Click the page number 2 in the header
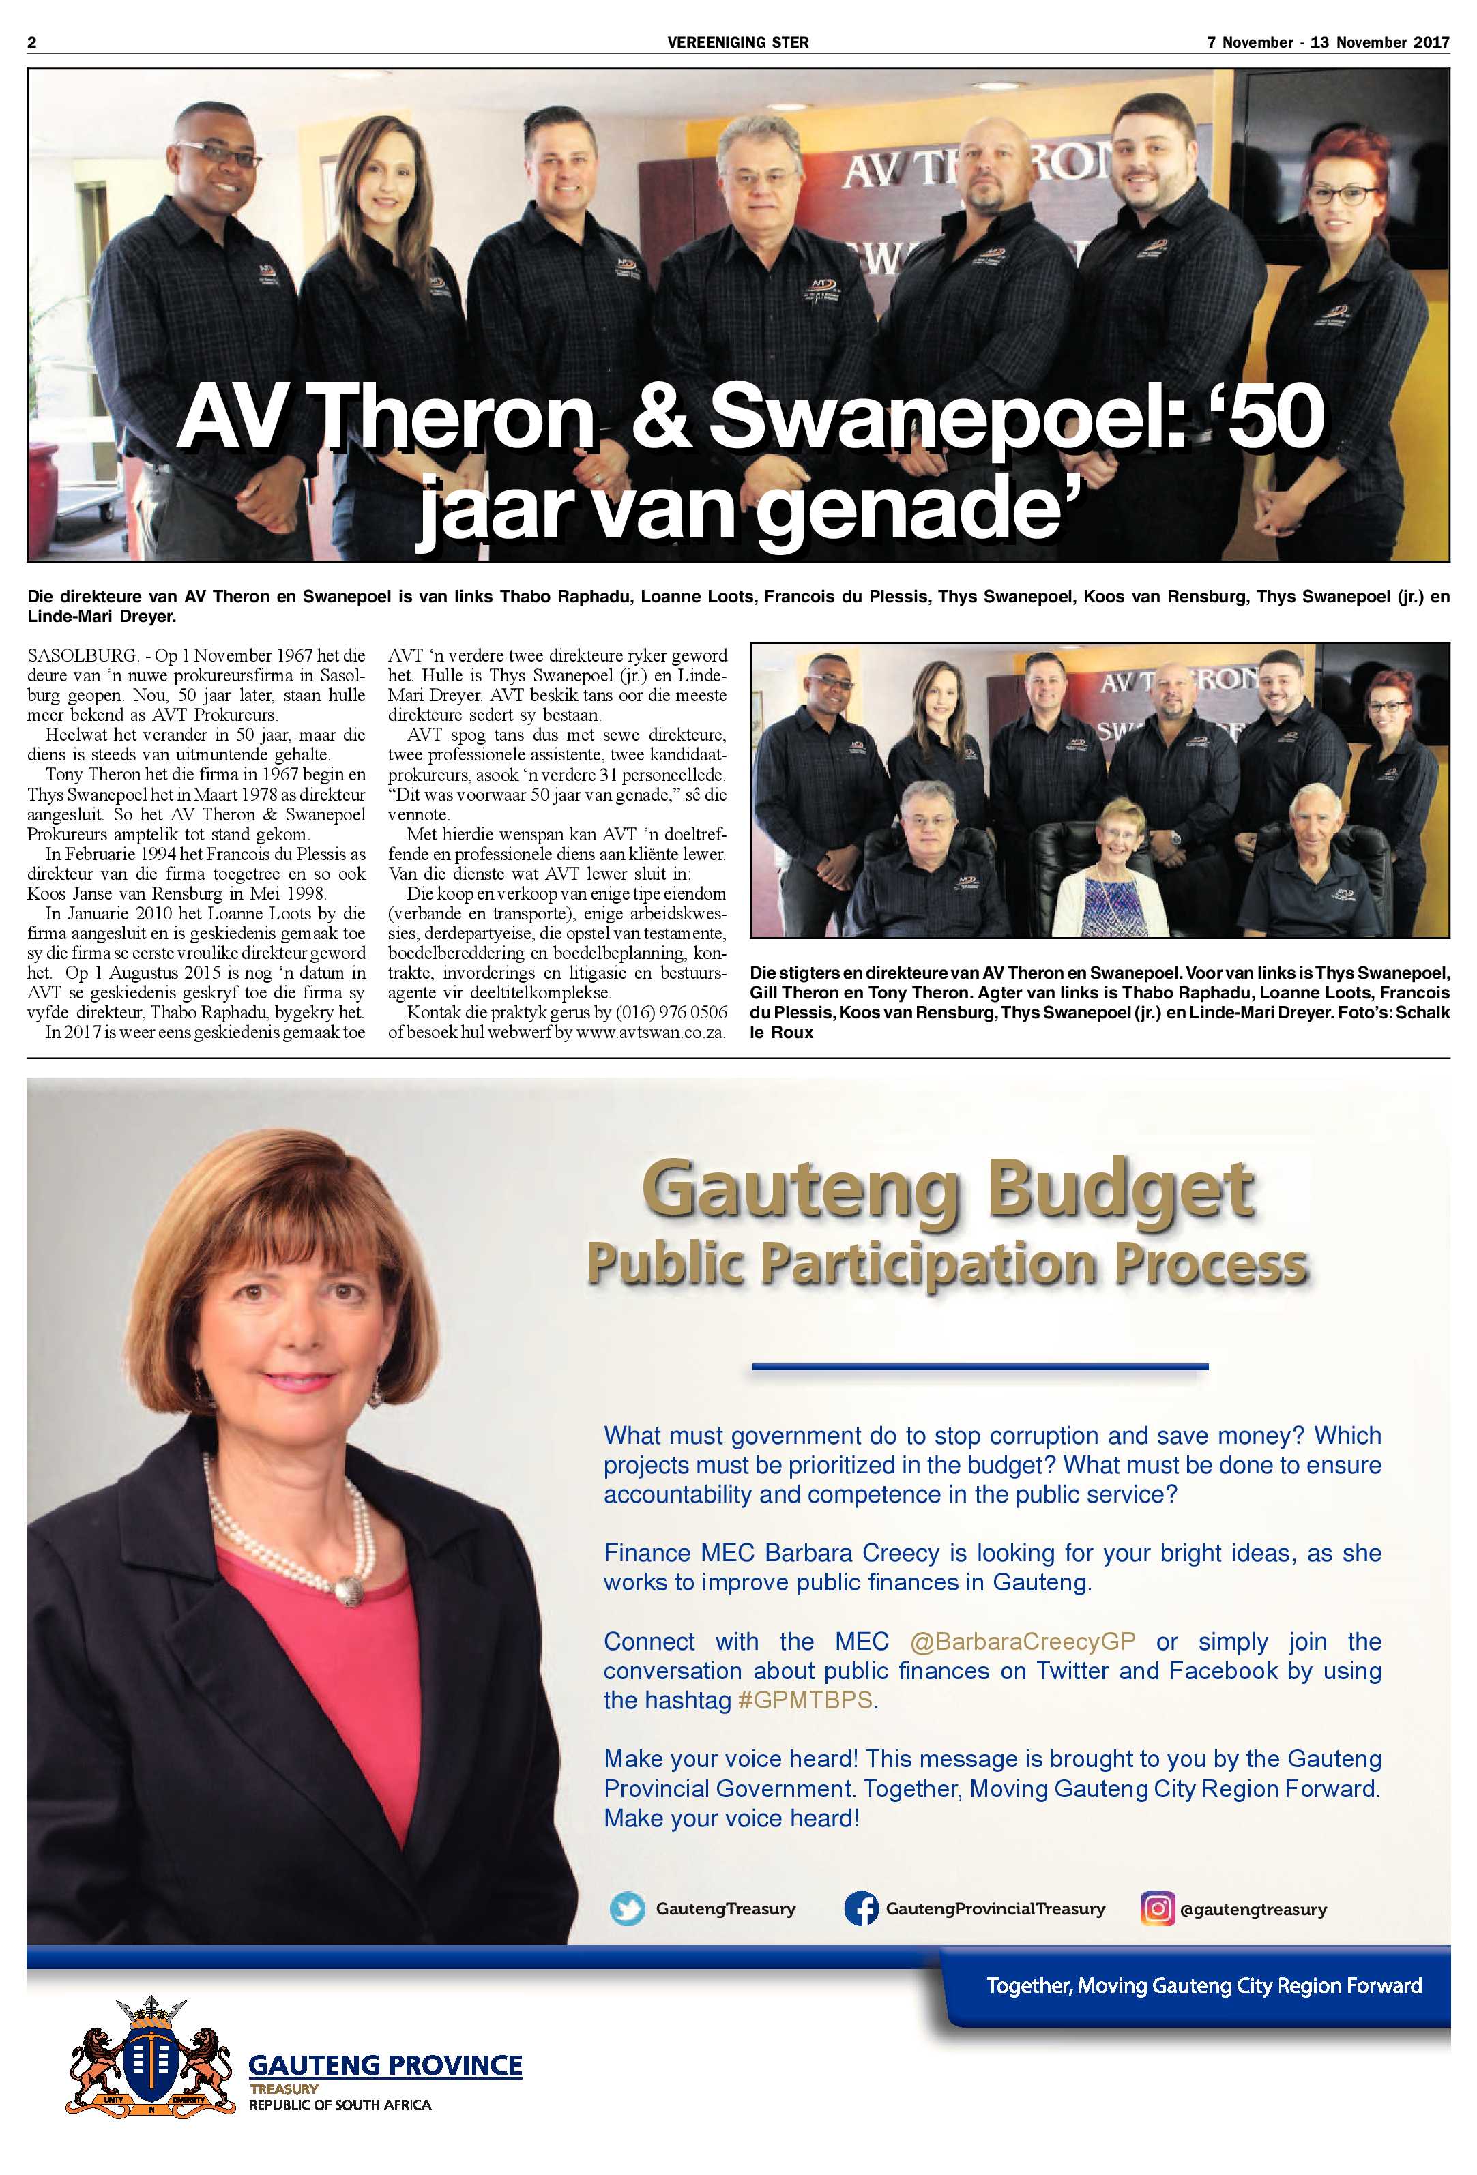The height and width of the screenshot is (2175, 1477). pos(32,42)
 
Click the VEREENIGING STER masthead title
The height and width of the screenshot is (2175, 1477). pos(737,42)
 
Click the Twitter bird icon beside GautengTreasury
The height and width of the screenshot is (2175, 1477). pos(627,1908)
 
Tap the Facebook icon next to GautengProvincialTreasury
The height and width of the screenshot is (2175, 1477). pos(860,1908)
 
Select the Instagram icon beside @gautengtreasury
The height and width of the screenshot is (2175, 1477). pos(1157,1908)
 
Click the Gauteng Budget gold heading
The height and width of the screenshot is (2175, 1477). pos(947,1189)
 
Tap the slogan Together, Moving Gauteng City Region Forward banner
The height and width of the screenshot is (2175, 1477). pos(1203,1985)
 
